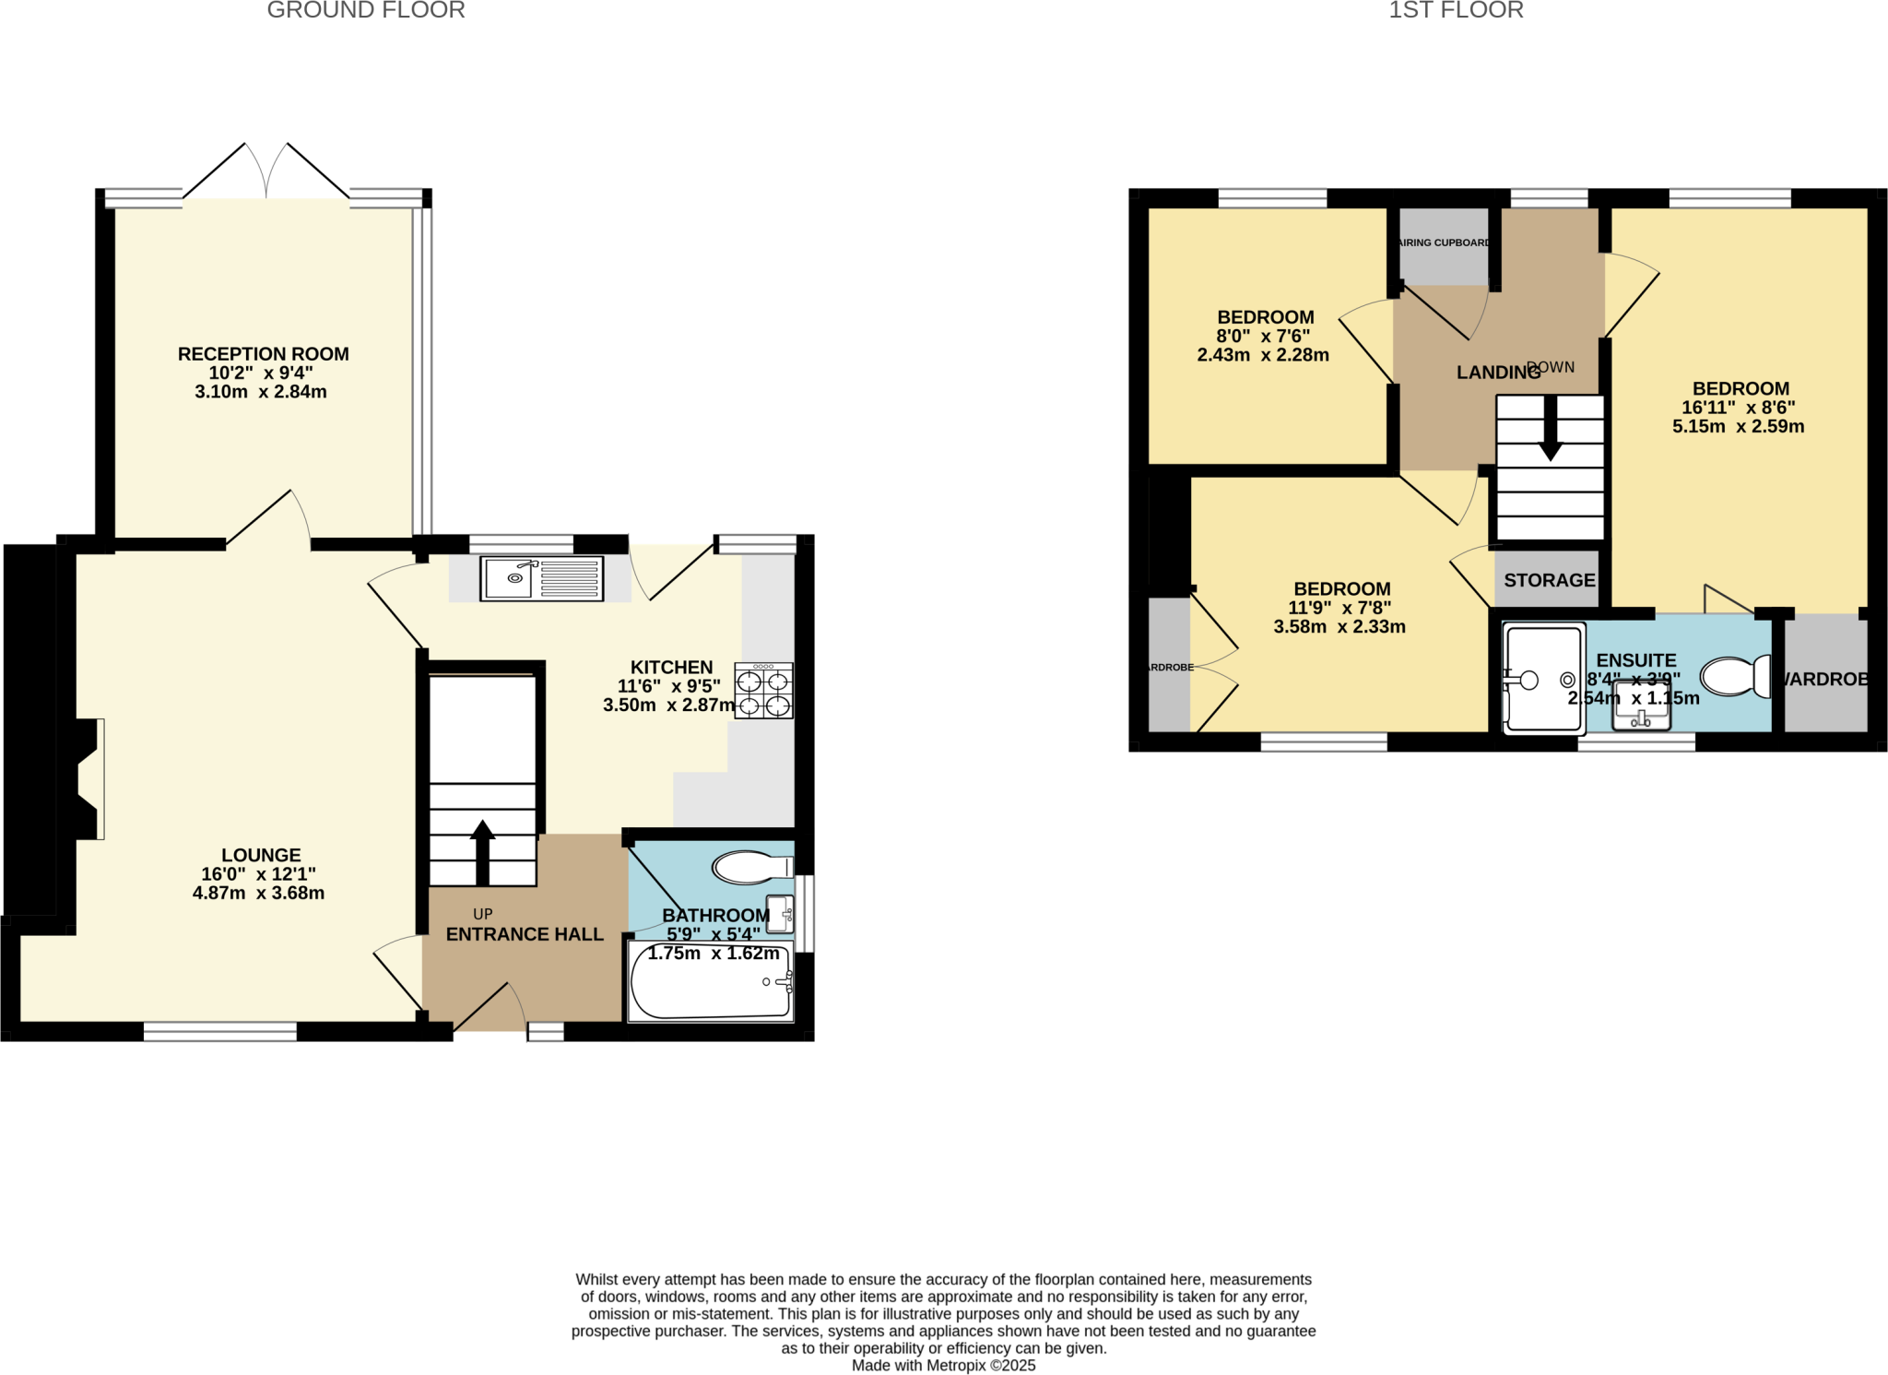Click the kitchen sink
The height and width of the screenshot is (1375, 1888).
[541, 578]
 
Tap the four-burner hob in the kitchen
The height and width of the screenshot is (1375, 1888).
[763, 691]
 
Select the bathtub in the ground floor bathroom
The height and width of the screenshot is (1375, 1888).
[710, 982]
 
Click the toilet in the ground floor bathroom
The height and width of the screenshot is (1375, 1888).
[751, 867]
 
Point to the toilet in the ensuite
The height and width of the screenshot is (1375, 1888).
[1735, 677]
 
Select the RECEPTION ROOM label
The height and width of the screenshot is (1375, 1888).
[263, 354]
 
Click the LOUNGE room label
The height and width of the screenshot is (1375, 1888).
[261, 855]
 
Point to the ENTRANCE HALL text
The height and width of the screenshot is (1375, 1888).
[525, 934]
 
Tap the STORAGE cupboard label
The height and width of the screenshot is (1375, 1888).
[1549, 580]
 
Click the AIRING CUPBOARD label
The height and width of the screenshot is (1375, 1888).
[1445, 243]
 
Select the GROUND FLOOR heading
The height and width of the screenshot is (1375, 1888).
[366, 11]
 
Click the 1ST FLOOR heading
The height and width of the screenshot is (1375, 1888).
[1456, 11]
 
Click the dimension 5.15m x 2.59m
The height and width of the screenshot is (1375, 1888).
[1738, 426]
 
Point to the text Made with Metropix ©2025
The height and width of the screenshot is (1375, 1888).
[943, 1365]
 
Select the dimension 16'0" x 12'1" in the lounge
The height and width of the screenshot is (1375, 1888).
[258, 874]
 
